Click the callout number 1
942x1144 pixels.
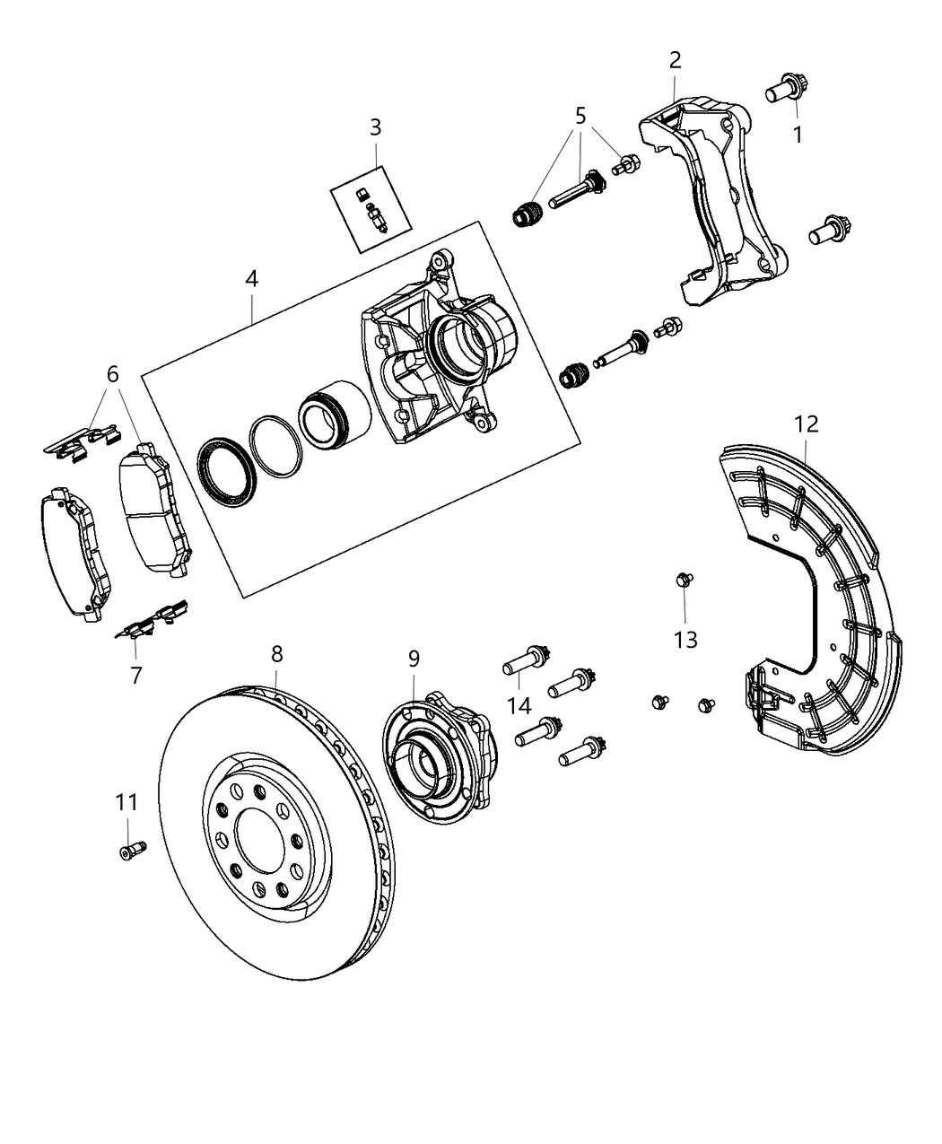click(797, 135)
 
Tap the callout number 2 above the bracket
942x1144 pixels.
click(675, 60)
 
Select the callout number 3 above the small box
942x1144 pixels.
click(375, 127)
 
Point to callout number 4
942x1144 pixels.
click(251, 279)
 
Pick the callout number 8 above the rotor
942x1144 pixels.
click(276, 654)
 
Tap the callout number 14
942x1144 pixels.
click(519, 705)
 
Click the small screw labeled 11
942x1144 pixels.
click(131, 848)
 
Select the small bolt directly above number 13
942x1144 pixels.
click(684, 581)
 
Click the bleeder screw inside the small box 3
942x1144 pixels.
click(377, 218)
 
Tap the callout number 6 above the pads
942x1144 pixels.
click(113, 374)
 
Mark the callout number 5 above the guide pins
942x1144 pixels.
click(580, 115)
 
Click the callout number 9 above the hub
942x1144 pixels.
click(414, 659)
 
